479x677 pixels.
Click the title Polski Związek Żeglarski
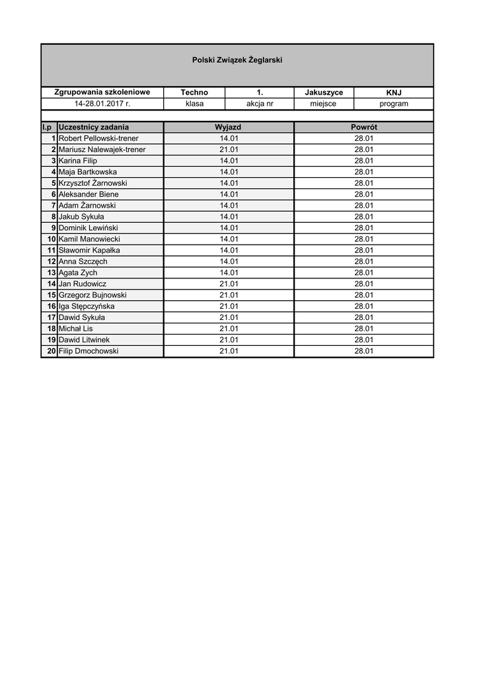tap(237, 60)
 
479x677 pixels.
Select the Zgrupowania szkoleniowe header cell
tap(102, 93)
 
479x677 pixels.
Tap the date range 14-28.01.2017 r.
tap(102, 104)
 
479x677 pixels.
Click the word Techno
tap(194, 93)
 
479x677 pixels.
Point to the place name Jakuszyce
tap(324, 93)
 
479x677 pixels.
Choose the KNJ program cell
tap(394, 93)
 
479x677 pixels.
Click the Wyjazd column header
tap(228, 127)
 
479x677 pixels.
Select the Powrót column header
tap(363, 127)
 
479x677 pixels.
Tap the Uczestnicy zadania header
tap(94, 127)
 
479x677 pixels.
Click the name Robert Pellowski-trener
tap(98, 138)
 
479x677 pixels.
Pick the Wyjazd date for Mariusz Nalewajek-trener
tap(229, 149)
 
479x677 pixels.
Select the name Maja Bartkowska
tap(88, 172)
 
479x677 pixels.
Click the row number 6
tap(54, 194)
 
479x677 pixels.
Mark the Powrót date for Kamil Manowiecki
tap(363, 239)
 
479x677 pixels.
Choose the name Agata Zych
tap(78, 272)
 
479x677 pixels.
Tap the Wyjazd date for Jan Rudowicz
tap(229, 284)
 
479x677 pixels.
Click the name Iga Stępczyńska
tap(87, 306)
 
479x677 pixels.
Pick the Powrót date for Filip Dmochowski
tap(363, 351)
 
